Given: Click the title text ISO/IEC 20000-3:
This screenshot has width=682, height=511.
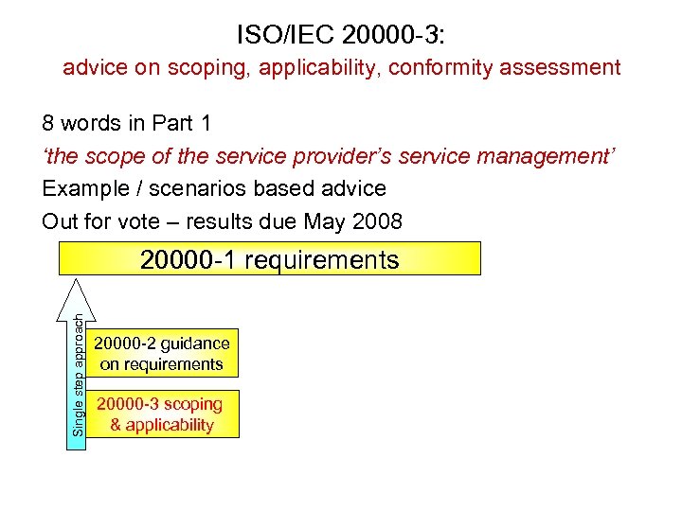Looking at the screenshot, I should click(340, 35).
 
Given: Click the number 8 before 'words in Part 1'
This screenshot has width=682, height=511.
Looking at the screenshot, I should click(47, 123).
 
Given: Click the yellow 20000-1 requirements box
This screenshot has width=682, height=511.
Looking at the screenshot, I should click(269, 258).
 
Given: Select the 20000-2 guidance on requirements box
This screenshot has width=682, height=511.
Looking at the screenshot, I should click(162, 353).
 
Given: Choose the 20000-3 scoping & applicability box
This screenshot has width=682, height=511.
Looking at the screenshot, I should click(162, 414).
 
